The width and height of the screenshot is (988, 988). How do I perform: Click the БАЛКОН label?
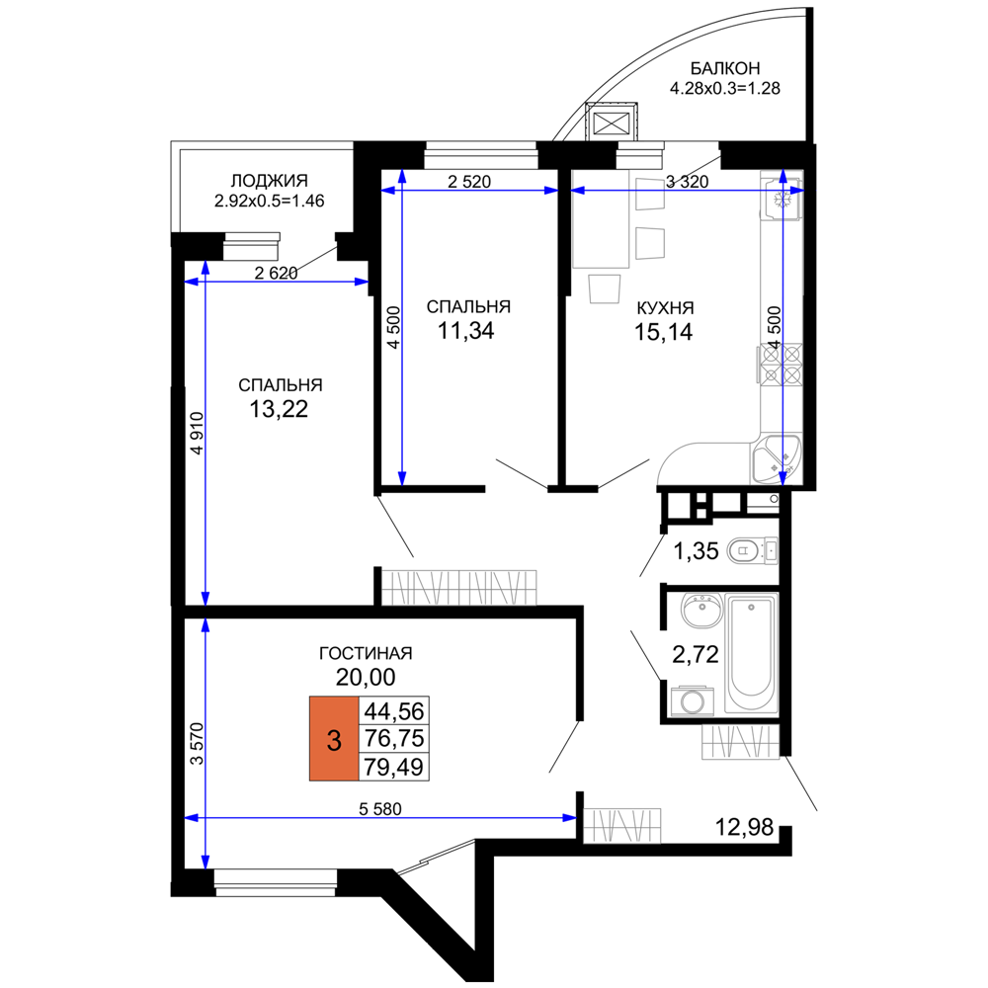point(724,67)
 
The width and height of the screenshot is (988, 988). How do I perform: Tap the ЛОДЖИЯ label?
point(269,181)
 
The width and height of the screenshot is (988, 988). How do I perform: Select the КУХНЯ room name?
point(665,308)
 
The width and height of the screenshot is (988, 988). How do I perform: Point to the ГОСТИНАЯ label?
point(366,653)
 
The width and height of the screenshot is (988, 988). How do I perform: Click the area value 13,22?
point(279,409)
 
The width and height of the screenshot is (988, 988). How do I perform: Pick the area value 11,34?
point(466,330)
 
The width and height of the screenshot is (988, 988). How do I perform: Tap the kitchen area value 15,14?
point(664,331)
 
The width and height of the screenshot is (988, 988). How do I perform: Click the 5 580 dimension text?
point(380,808)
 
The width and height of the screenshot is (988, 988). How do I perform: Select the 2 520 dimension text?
point(468,182)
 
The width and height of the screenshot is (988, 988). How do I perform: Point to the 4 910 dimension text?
point(198,434)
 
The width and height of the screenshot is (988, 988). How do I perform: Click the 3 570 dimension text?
point(198,744)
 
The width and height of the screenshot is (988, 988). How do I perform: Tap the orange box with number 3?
point(334,739)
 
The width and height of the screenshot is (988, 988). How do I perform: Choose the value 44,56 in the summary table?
point(394,711)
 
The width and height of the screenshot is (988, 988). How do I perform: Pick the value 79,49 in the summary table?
point(394,768)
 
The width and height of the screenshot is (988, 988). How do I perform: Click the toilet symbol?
point(752,551)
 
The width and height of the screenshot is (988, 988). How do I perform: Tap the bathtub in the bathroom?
point(751,653)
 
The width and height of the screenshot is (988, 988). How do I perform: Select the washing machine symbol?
point(692,701)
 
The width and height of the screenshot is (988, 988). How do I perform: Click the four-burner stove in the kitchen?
point(782,365)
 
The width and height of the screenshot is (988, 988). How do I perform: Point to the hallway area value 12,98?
point(744,827)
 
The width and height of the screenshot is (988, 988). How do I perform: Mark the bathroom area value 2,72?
point(696,655)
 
